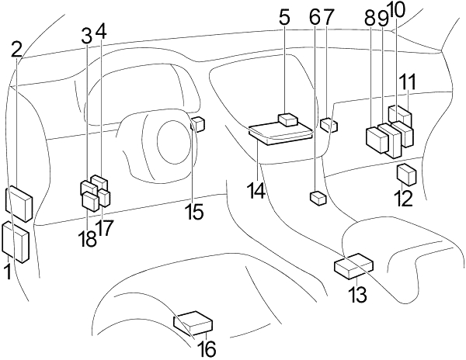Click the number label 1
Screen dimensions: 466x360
pyautogui.click(x=9, y=272)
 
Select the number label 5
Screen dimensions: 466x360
pyautogui.click(x=284, y=18)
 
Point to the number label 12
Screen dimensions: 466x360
pyautogui.click(x=404, y=199)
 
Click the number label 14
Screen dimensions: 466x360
pyautogui.click(x=256, y=191)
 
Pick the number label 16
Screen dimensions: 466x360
pyautogui.click(x=207, y=349)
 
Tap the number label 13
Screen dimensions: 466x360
pyautogui.click(x=357, y=294)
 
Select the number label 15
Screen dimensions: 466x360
pyautogui.click(x=193, y=212)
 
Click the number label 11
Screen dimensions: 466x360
pyautogui.click(x=408, y=81)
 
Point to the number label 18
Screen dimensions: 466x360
pyautogui.click(x=88, y=239)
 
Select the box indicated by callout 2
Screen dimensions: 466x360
pyautogui.click(x=19, y=203)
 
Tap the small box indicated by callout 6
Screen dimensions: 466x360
pyautogui.click(x=318, y=199)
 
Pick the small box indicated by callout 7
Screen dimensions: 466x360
pyautogui.click(x=329, y=125)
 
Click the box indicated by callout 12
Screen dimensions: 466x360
pyautogui.click(x=406, y=175)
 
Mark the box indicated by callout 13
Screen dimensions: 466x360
pyautogui.click(x=354, y=266)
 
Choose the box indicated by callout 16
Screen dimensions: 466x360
pyautogui.click(x=193, y=324)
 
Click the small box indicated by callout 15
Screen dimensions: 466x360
pyautogui.click(x=197, y=124)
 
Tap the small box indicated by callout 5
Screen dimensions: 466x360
pyautogui.click(x=288, y=120)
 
